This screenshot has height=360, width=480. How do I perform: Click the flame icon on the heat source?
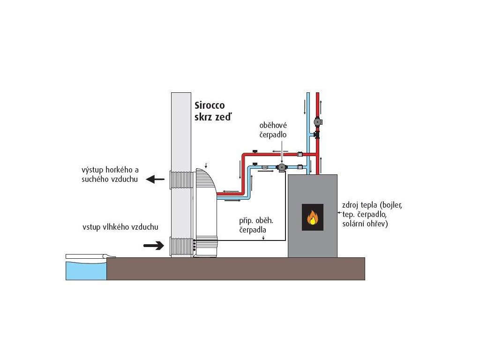pyautogui.click(x=313, y=217)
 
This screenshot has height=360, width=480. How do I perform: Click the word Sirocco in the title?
pyautogui.click(x=210, y=105)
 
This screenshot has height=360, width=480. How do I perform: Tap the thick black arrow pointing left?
pyautogui.click(x=155, y=180)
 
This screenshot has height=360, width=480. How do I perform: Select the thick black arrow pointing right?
pyautogui.click(x=154, y=245)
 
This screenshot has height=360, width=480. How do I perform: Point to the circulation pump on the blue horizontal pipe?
pyautogui.click(x=281, y=167)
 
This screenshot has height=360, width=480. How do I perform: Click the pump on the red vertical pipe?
pyautogui.click(x=318, y=122)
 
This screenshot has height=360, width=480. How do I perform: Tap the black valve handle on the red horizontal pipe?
pyautogui.click(x=255, y=151)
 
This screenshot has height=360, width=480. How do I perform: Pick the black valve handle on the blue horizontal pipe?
pyautogui.click(x=255, y=164)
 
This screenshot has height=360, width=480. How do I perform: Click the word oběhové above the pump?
pyautogui.click(x=273, y=125)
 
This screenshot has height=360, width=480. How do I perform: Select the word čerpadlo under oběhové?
pyautogui.click(x=273, y=135)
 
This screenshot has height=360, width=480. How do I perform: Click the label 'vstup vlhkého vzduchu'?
pyautogui.click(x=120, y=227)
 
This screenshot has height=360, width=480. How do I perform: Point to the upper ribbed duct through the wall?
pyautogui.click(x=181, y=180)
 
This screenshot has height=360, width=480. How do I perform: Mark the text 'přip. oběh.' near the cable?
pyautogui.click(x=256, y=220)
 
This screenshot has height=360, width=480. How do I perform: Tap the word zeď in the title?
pyautogui.click(x=225, y=117)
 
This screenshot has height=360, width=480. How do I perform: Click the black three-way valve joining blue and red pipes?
pyautogui.click(x=317, y=135)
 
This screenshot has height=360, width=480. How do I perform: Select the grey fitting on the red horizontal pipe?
pyautogui.click(x=300, y=154)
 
